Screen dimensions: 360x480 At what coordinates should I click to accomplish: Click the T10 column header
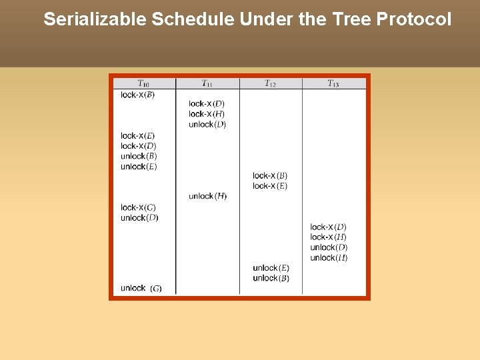(143, 83)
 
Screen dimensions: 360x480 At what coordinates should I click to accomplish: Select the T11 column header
(207, 83)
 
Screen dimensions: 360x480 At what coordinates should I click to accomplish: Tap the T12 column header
(270, 83)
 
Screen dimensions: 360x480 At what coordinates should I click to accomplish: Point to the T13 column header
(333, 83)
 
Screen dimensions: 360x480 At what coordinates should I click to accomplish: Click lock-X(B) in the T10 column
(137, 95)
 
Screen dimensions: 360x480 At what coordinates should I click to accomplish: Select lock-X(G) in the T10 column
(138, 207)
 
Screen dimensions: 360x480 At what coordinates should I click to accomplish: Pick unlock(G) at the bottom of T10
(141, 288)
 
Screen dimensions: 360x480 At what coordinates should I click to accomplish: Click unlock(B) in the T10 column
(139, 156)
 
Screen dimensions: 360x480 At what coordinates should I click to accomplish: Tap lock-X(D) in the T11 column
(206, 103)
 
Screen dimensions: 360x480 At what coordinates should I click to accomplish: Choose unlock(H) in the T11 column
(207, 196)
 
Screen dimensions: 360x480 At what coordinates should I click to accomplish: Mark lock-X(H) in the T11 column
(206, 114)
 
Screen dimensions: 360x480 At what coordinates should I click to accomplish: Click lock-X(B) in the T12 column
(270, 176)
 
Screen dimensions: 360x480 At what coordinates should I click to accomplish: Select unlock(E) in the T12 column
(271, 268)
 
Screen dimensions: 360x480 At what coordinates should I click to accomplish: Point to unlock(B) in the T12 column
(271, 278)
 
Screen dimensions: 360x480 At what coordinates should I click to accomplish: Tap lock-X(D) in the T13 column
(328, 227)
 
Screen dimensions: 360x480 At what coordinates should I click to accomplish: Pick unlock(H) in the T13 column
(329, 258)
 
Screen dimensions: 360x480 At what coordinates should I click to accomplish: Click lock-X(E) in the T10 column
(137, 135)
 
